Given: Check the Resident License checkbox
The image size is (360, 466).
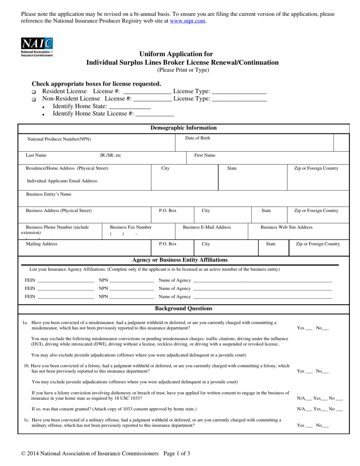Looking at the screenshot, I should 34,92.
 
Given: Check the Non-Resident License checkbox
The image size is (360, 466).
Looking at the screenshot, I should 34,100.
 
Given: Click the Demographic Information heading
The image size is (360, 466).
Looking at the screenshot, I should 183,128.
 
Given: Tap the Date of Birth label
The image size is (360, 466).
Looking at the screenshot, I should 197,138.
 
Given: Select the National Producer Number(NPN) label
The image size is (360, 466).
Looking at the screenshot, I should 59,139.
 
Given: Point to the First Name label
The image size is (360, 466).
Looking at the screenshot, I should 205,155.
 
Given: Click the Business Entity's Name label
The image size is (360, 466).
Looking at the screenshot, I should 49,194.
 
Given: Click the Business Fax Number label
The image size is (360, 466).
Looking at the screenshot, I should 131,227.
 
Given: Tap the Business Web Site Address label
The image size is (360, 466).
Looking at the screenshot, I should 286,227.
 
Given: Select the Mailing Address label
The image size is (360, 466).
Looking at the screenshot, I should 42,244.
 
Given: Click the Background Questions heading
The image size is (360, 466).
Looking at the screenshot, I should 183,309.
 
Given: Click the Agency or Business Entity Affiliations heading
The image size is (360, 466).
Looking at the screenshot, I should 180,260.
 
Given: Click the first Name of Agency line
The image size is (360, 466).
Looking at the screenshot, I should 262,281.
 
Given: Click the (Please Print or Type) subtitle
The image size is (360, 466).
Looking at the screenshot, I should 183,70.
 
